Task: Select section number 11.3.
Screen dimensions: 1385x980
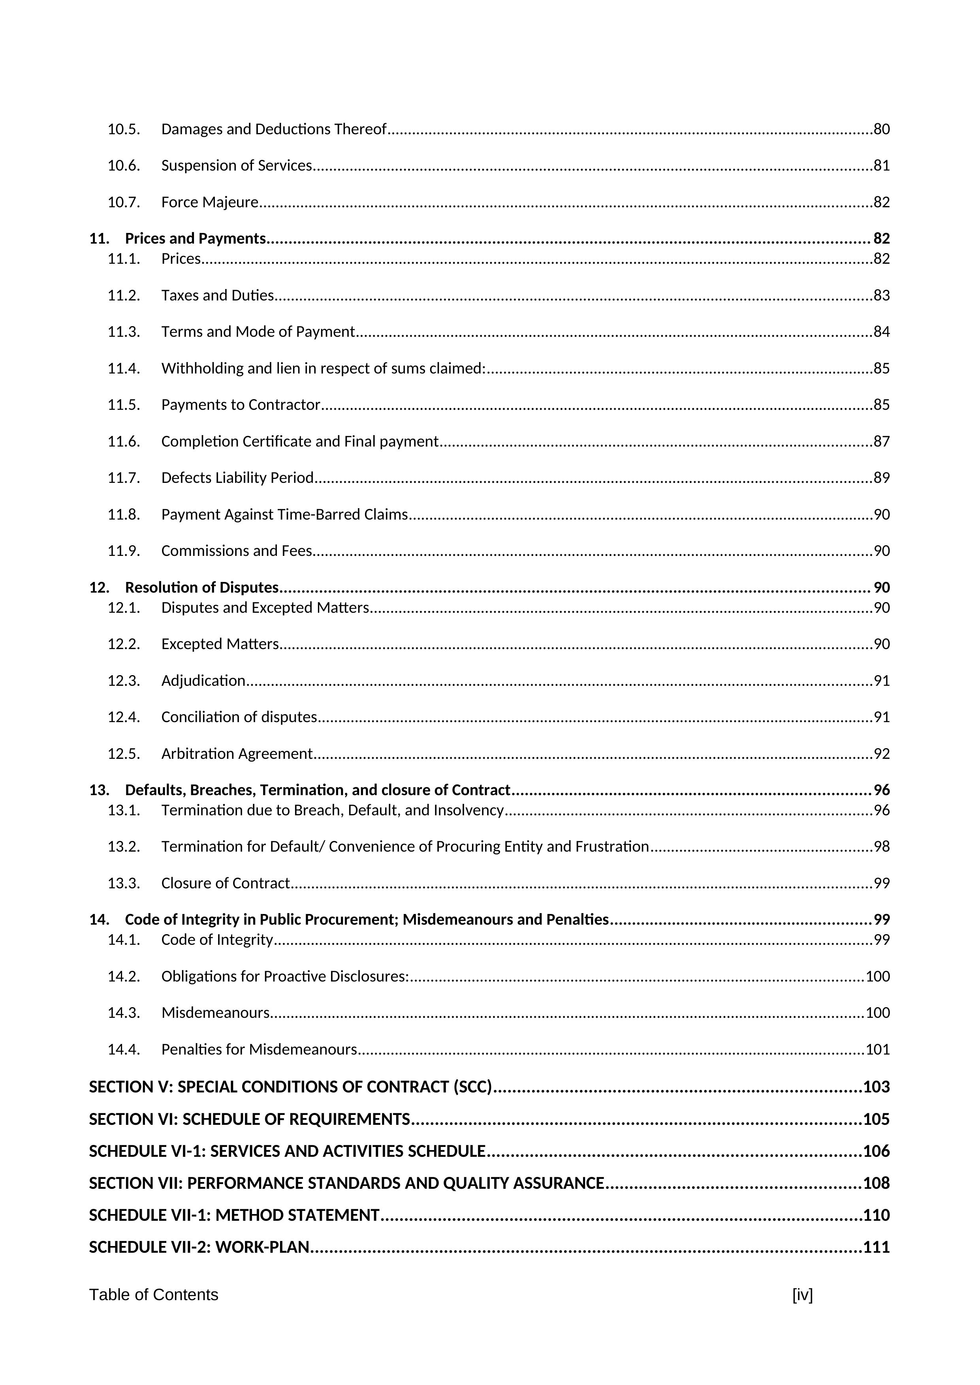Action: (x=124, y=332)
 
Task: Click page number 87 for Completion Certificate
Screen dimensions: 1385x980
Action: (x=882, y=441)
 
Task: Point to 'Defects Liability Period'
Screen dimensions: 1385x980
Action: (x=237, y=478)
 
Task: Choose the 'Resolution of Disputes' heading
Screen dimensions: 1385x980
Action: (x=201, y=587)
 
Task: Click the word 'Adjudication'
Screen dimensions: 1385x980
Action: (x=203, y=681)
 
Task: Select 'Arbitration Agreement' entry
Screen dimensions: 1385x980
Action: (x=237, y=754)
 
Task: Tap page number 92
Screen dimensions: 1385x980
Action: (x=882, y=754)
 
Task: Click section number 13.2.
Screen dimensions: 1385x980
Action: (x=124, y=847)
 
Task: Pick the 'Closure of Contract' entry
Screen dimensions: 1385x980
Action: (x=225, y=884)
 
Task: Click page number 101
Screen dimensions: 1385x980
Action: (x=878, y=1050)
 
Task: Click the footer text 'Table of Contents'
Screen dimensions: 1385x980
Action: (x=154, y=1295)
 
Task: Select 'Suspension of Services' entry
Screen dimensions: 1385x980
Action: (x=237, y=166)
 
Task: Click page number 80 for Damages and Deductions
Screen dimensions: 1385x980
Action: (x=882, y=129)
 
